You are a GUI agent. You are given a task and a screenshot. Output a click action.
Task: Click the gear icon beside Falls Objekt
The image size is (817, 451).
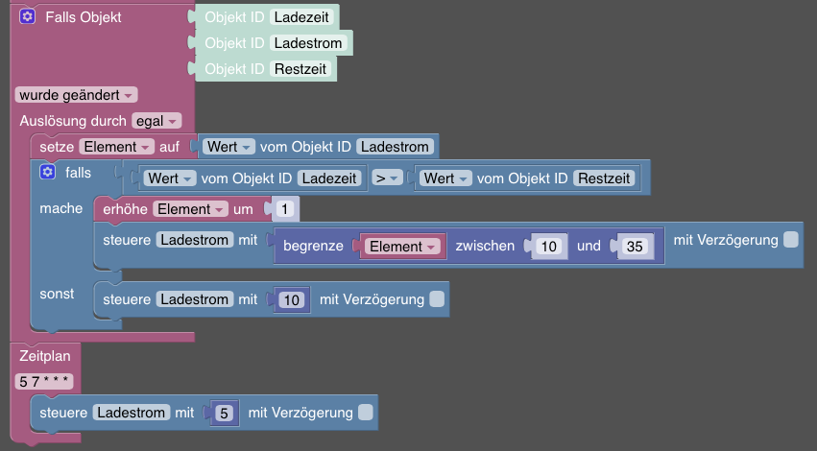[28, 17]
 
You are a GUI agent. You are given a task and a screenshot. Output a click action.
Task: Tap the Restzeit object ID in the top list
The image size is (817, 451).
[300, 69]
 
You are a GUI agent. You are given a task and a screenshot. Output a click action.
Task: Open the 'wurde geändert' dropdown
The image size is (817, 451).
[76, 95]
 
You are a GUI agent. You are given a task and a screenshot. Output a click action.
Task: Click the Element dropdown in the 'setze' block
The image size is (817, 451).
[117, 147]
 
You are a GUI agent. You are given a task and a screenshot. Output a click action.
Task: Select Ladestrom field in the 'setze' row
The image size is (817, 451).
[396, 147]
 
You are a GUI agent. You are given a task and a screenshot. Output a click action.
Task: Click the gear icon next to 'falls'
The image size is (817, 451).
[47, 173]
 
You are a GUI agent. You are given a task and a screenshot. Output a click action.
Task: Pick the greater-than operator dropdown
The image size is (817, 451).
[387, 178]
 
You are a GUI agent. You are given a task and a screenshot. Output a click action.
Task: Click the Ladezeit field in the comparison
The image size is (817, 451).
[329, 178]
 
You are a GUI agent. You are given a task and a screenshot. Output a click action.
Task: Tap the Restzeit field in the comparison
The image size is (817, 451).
[605, 178]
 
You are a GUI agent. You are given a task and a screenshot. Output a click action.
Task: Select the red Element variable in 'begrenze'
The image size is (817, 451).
[401, 247]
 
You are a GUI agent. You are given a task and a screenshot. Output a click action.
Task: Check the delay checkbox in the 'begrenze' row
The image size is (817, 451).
[790, 240]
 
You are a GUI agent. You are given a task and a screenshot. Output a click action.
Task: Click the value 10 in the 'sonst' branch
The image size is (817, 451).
[293, 300]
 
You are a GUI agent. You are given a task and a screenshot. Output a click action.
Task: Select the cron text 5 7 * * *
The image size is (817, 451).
[44, 382]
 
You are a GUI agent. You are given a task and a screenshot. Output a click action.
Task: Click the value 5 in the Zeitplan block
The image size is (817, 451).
[224, 414]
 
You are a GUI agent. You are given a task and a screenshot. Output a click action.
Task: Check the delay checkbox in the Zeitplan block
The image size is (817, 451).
[365, 413]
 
